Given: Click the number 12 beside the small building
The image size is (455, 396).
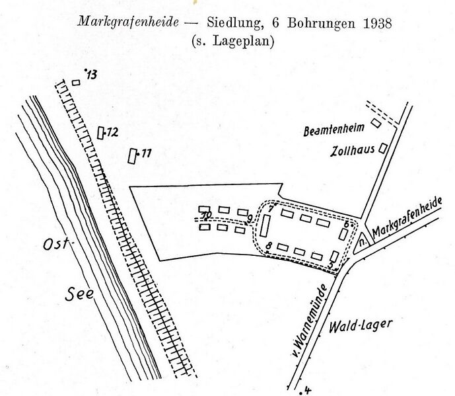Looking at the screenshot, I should click(x=112, y=132).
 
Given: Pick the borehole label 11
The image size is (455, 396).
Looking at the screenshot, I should click(x=145, y=154).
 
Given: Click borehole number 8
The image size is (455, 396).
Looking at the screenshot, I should click(x=269, y=247).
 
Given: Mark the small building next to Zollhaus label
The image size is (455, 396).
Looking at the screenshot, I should click(x=382, y=150).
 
